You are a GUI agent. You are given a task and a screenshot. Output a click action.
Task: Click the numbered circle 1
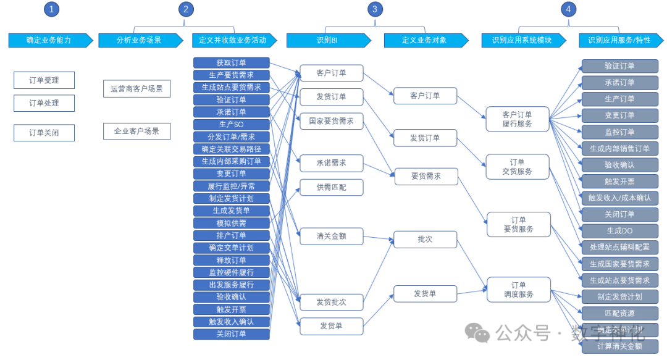pyautogui.click(x=52, y=9)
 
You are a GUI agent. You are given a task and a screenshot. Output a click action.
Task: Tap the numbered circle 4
pyautogui.click(x=568, y=9)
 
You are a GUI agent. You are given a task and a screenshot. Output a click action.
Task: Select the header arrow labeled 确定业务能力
pyautogui.click(x=48, y=40)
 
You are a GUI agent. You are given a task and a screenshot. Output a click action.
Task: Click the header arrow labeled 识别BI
pyautogui.click(x=328, y=40)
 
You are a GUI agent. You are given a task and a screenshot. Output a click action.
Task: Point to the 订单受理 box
pyautogui.click(x=44, y=80)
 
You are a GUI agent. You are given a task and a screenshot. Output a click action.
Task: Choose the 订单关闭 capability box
pyautogui.click(x=44, y=133)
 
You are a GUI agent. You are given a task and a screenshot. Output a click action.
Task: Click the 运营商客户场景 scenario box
pyautogui.click(x=136, y=89)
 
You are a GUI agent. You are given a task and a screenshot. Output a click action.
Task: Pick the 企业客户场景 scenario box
pyautogui.click(x=136, y=131)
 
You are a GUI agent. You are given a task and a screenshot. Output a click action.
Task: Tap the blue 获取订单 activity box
pyautogui.click(x=231, y=63)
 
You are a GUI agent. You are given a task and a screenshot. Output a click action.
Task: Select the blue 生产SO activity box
pyautogui.click(x=231, y=125)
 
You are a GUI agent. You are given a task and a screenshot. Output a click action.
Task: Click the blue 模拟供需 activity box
pyautogui.click(x=231, y=223)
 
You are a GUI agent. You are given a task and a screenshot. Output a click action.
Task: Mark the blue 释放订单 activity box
pyautogui.click(x=231, y=260)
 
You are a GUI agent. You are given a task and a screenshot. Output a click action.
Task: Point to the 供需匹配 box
pyautogui.click(x=331, y=187)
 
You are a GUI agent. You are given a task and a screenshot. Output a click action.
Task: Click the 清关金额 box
pyautogui.click(x=331, y=236)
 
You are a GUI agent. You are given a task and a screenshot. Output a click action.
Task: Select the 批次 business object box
pyautogui.click(x=425, y=239)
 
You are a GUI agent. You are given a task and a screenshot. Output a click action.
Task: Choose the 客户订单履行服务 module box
pyautogui.click(x=517, y=119)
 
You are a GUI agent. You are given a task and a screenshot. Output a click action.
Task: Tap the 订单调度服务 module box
pyautogui.click(x=518, y=290)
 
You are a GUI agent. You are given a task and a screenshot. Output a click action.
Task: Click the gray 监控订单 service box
pyautogui.click(x=619, y=132)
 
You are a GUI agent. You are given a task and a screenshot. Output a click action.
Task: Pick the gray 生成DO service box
pyautogui.click(x=619, y=231)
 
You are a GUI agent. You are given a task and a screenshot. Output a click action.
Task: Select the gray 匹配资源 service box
pyautogui.click(x=619, y=313)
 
